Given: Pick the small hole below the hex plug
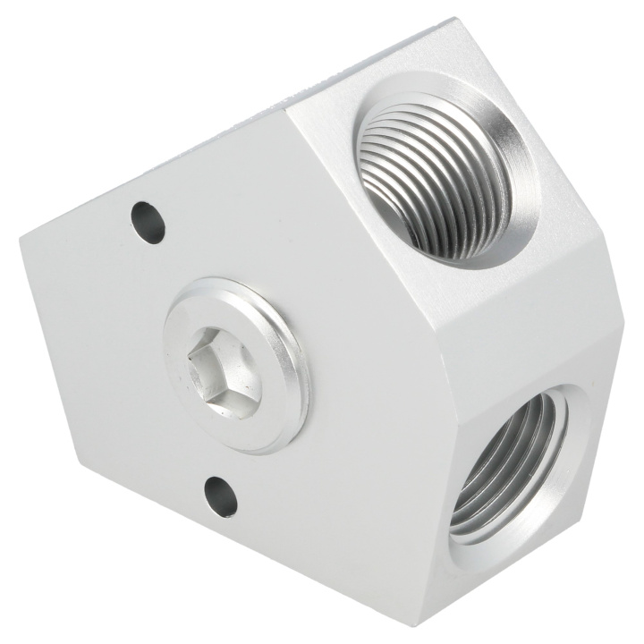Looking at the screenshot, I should coord(221,494).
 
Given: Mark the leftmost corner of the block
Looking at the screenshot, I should coord(19,234).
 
